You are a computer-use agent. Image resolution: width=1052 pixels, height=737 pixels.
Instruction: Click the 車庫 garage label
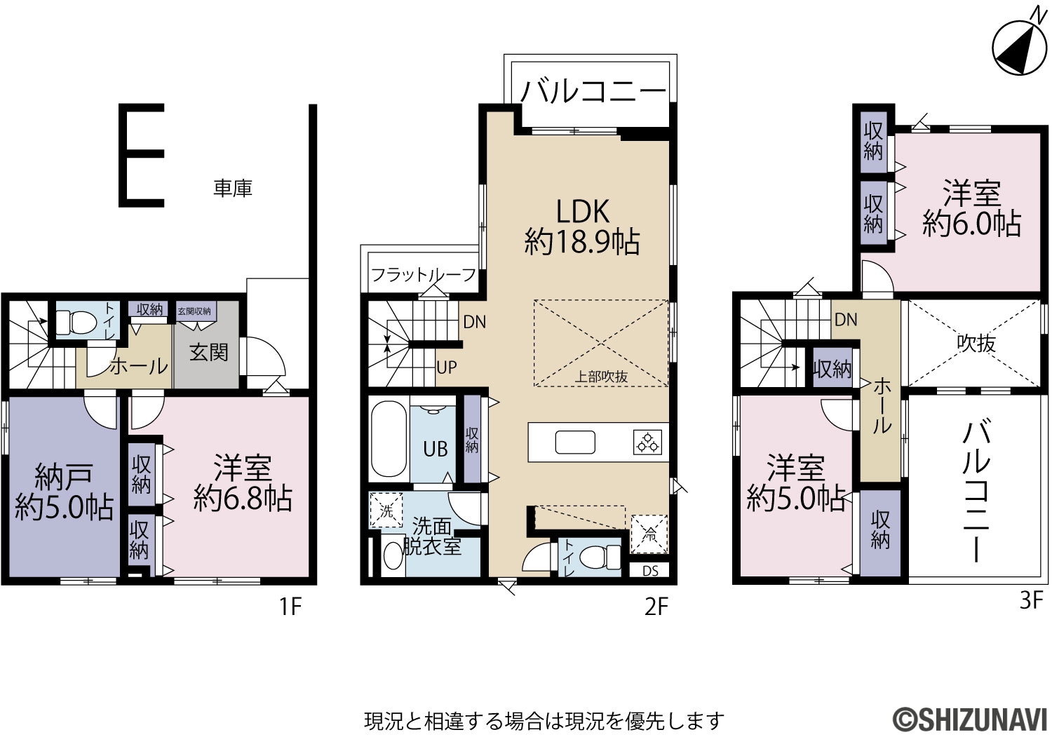[233, 189]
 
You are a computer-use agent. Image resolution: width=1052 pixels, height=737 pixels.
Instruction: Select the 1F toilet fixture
[76, 321]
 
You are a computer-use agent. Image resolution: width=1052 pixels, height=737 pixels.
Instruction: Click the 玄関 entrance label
[208, 352]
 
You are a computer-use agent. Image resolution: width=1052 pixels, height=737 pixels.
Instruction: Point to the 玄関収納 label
[194, 311]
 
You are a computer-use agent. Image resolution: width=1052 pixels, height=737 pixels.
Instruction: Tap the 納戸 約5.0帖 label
[64, 492]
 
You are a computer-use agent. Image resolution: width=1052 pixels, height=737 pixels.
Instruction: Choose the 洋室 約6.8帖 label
[243, 482]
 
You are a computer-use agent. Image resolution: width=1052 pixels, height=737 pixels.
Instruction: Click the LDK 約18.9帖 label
[582, 227]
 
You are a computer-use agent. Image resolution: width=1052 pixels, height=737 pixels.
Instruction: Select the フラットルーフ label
[424, 275]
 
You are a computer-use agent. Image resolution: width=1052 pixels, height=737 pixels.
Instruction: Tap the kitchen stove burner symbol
[647, 442]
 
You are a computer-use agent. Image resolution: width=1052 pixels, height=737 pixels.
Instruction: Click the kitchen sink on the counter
[575, 442]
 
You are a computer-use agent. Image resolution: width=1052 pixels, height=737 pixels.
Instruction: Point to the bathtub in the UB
[389, 439]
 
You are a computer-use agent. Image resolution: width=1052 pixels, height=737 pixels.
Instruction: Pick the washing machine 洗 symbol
[386, 510]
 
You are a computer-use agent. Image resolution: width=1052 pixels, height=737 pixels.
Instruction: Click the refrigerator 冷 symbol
[649, 534]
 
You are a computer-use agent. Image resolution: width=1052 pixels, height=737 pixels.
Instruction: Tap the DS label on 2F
[650, 571]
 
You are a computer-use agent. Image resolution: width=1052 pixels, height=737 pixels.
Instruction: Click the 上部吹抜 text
[601, 377]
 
